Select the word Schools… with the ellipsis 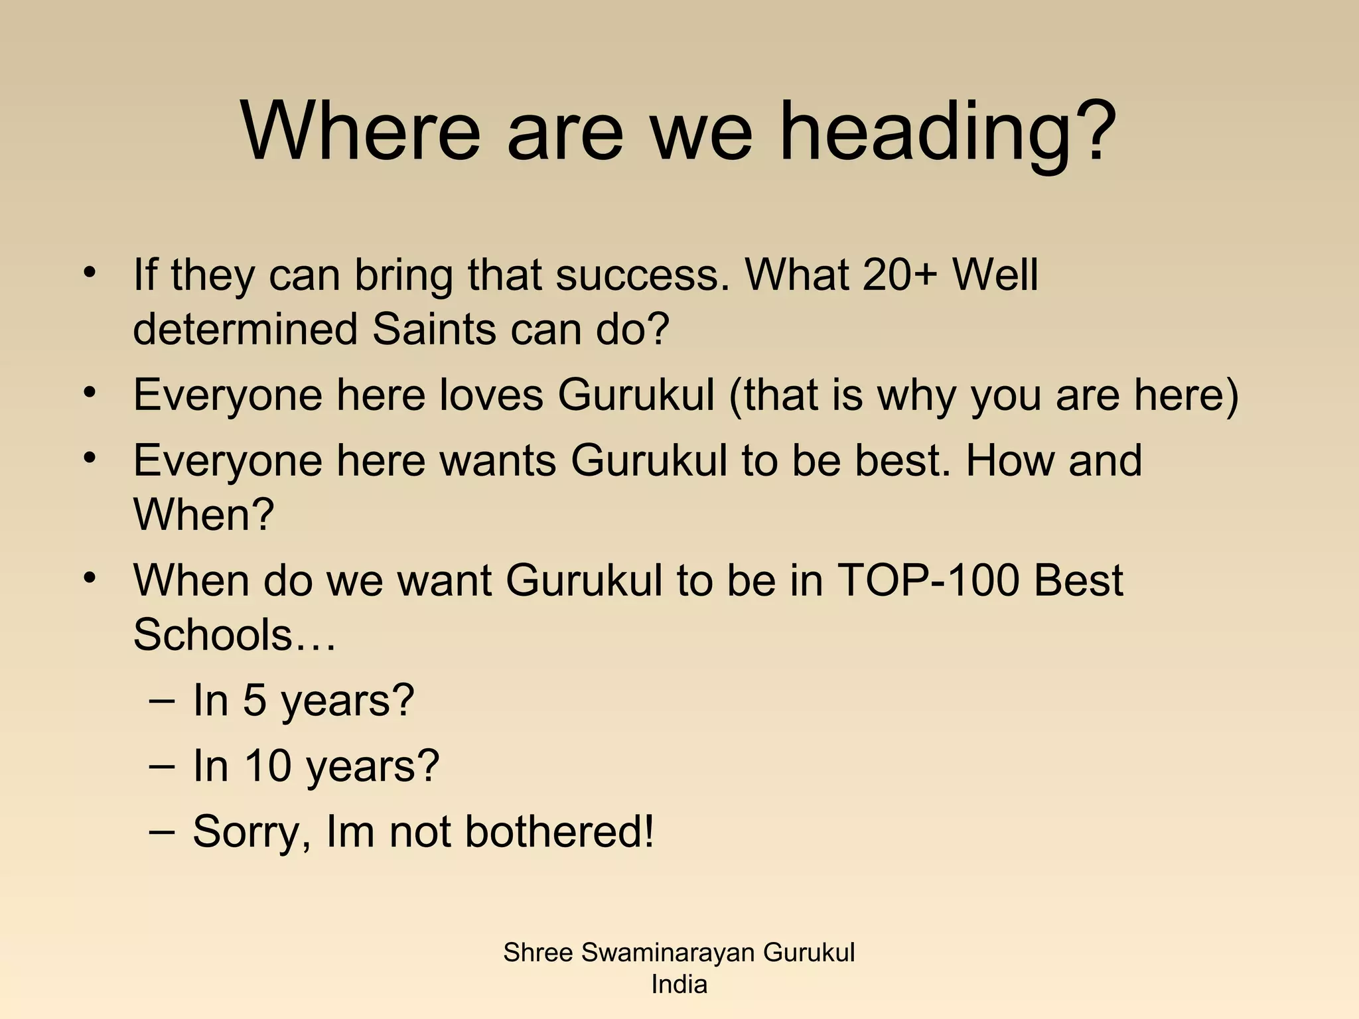(x=234, y=635)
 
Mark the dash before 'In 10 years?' (x=162, y=767)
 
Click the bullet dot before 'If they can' (x=90, y=273)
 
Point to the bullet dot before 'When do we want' (x=90, y=578)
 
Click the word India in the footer (x=679, y=985)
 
